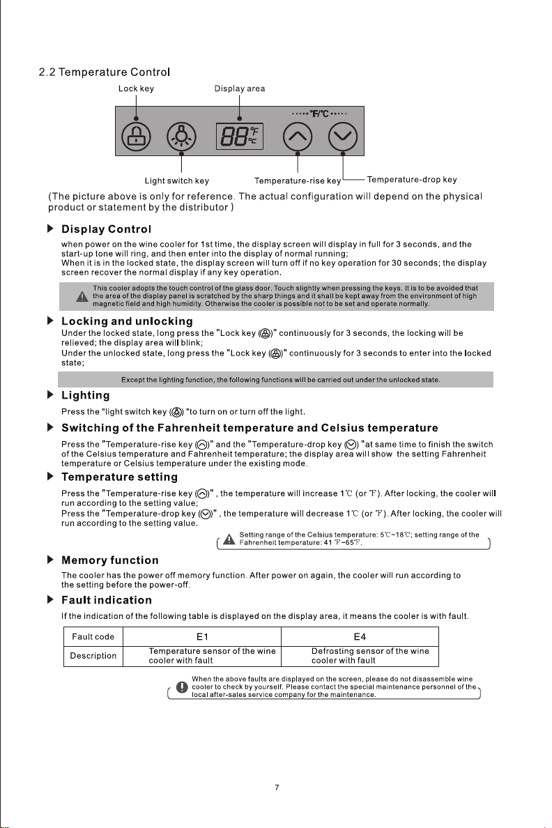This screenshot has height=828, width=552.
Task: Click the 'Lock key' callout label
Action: click(x=136, y=89)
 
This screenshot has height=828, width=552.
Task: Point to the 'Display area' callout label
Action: click(x=239, y=89)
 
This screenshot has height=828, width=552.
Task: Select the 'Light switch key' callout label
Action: click(x=181, y=181)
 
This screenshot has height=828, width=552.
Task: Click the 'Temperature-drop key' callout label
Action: click(x=411, y=180)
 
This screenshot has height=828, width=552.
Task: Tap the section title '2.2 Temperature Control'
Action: click(x=105, y=72)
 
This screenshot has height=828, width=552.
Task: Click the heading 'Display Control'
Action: click(x=107, y=229)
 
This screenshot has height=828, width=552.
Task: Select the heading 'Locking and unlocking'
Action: click(x=127, y=321)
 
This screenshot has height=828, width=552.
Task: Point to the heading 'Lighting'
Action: click(x=86, y=395)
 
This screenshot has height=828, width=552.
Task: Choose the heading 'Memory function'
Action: click(x=110, y=560)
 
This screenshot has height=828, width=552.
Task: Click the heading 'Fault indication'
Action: click(x=107, y=599)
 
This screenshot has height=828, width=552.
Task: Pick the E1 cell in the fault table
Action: click(x=202, y=636)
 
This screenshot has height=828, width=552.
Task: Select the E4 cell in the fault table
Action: click(x=360, y=636)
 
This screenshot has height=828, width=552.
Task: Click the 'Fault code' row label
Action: click(x=93, y=636)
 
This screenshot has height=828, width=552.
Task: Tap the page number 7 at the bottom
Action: click(x=277, y=788)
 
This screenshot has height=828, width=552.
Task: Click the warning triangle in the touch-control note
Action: click(x=82, y=297)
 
